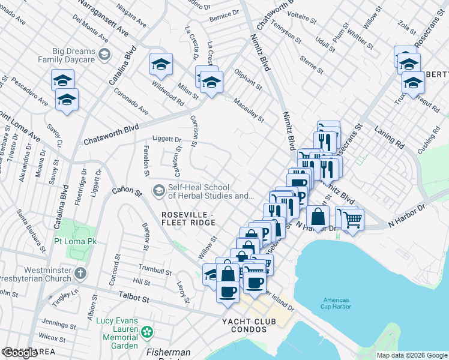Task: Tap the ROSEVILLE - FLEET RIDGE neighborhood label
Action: point(187,219)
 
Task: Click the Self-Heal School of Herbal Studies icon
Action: point(158,191)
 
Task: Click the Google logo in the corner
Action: point(20,353)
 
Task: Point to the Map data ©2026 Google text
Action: point(412,355)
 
